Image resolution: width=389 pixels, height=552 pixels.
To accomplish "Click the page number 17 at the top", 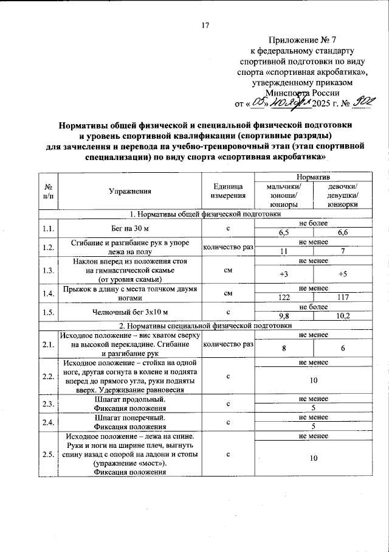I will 205,26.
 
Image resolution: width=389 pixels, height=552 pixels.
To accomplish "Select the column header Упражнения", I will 130,191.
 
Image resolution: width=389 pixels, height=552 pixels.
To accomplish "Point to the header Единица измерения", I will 228,191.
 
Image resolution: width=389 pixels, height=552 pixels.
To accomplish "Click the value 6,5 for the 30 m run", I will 284,232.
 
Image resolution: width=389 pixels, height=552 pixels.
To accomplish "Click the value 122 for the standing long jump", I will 284,299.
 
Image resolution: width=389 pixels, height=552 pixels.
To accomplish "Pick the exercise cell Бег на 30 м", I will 130,228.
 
